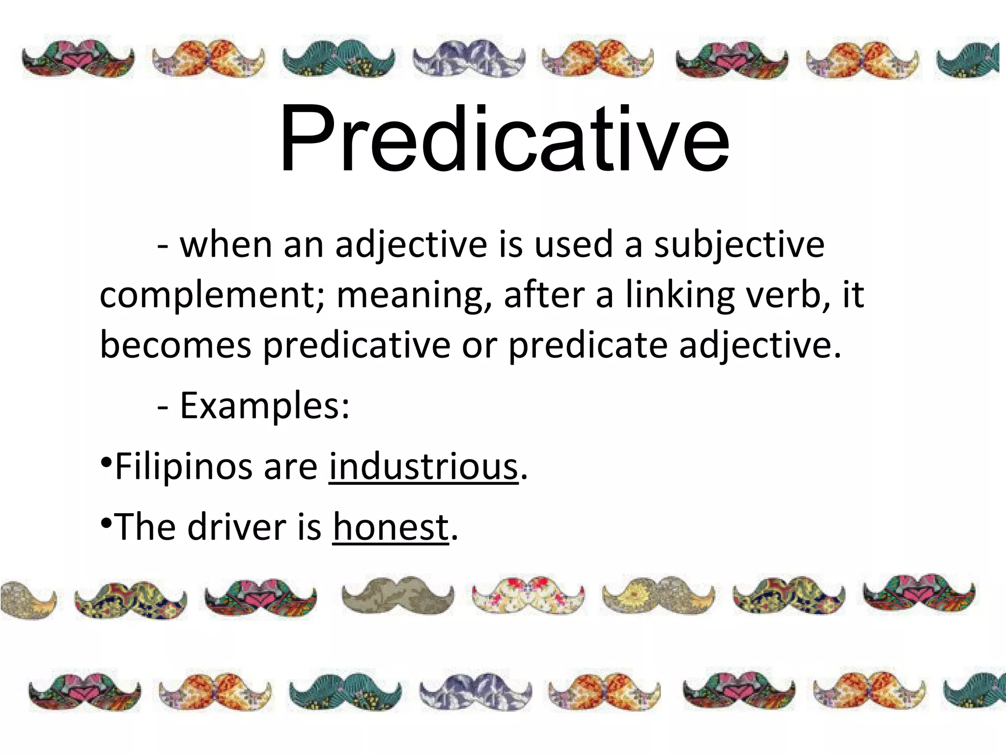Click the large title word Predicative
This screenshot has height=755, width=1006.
504,140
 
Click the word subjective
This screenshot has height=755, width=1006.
739,245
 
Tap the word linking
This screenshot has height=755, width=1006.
680,295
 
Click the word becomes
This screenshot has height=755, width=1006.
175,345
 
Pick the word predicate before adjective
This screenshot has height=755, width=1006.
587,345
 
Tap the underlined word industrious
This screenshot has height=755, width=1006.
423,467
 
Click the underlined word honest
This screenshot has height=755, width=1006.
391,527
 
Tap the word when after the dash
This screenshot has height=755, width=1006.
225,245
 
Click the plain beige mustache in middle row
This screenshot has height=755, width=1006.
398,595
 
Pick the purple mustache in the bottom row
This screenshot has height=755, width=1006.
475,691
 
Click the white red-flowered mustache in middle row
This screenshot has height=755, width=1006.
529,595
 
